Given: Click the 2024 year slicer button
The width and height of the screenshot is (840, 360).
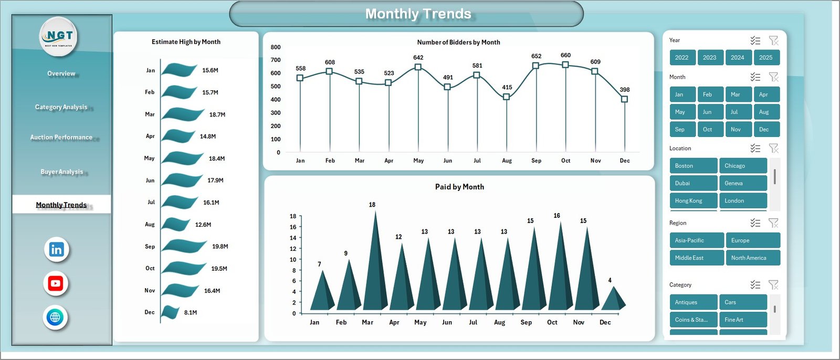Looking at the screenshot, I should coord(738,58).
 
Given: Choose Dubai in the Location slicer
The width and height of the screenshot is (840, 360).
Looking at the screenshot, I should coord(693,183).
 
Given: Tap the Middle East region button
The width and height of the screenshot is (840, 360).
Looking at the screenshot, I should coord(696,258).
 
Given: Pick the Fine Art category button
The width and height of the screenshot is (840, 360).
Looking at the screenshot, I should coord(742,320).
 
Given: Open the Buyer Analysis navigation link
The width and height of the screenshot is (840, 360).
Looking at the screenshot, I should coord(61,172).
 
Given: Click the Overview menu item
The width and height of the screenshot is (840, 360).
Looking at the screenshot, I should coord(61,73).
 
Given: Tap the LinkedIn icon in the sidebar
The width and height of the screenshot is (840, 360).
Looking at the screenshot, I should coord(56,249).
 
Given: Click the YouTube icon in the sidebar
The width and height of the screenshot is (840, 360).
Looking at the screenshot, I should coord(56,283).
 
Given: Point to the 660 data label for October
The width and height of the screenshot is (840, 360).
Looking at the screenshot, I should coord(565,55).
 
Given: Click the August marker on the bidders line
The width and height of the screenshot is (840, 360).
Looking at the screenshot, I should coord(506,97).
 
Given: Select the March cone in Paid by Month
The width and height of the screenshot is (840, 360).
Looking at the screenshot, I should coord(375,262).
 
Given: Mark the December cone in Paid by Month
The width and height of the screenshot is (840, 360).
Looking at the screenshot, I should coord(612,299).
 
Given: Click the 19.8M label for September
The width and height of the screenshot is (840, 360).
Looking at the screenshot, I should coord(220,247).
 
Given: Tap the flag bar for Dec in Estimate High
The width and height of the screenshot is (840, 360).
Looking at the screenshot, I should coord(170,312).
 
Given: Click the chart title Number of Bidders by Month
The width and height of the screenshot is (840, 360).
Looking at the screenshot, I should coord(458,43).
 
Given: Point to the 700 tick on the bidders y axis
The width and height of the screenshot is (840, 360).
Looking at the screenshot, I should coord(276,60).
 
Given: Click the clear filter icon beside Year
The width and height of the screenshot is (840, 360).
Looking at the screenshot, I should coord(773,40).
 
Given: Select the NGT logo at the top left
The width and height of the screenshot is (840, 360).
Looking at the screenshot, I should coord(59,36).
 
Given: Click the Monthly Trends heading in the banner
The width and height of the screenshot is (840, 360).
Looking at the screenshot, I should coord(418,14).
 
